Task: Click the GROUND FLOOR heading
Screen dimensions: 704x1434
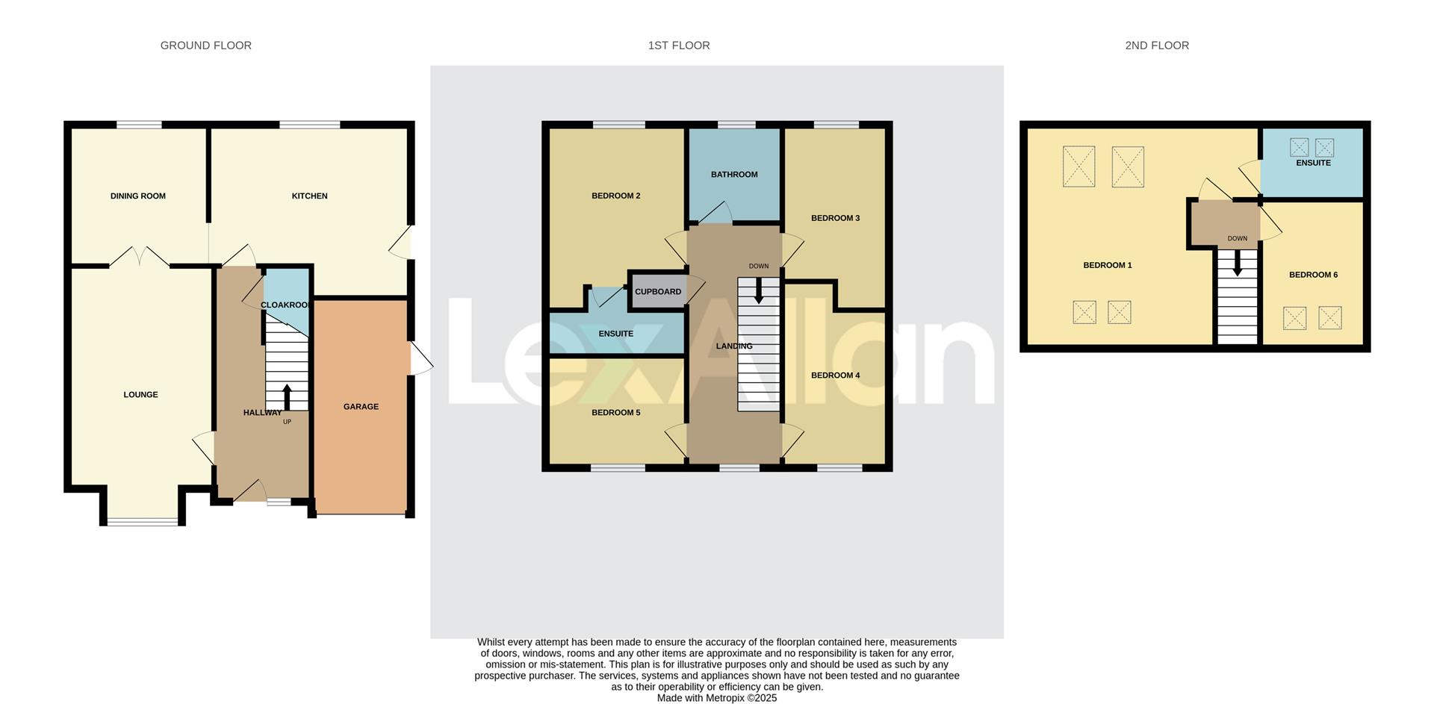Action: [x=205, y=46]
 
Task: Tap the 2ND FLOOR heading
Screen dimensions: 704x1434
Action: [x=1156, y=46]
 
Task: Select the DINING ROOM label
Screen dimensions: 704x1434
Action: [x=138, y=196]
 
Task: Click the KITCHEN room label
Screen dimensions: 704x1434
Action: [x=309, y=196]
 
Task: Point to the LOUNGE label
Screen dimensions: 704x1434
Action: [x=140, y=395]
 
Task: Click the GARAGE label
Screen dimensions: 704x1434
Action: [x=361, y=407]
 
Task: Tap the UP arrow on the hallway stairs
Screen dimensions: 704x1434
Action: [x=287, y=396]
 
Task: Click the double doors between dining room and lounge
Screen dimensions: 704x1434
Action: [x=140, y=257]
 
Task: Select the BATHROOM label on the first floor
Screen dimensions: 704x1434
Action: [x=733, y=175]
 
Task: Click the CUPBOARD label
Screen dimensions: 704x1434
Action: [x=657, y=292]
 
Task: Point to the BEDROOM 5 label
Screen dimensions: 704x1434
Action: [x=615, y=413]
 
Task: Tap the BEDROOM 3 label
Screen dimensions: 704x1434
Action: [x=835, y=219]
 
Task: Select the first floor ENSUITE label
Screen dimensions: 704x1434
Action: [x=615, y=334]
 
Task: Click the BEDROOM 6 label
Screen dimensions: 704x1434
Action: [x=1313, y=275]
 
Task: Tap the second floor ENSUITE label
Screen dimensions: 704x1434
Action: [x=1313, y=163]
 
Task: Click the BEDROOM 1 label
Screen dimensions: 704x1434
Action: [x=1107, y=266]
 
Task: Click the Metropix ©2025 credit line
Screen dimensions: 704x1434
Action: [x=716, y=698]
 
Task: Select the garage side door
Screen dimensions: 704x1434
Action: [x=421, y=359]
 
